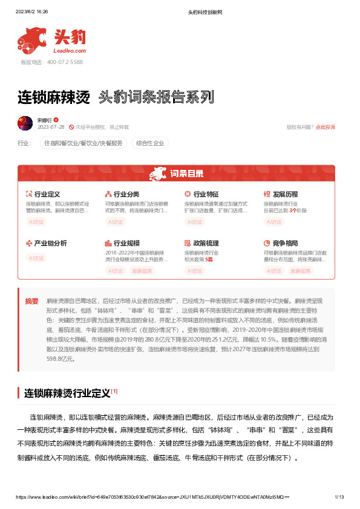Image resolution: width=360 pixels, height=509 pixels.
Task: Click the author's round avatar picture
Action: pyautogui.click(x=25, y=123)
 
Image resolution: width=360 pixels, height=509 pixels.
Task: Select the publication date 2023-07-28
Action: pyautogui.click(x=51, y=128)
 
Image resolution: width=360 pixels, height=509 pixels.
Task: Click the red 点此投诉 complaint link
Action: pyautogui.click(x=325, y=128)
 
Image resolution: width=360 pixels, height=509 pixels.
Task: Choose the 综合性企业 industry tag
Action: pyautogui.click(x=150, y=143)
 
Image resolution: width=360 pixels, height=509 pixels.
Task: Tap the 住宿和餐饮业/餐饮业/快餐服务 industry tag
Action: pyautogui.click(x=83, y=143)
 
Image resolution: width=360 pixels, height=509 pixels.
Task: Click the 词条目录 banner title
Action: pyautogui.click(x=186, y=174)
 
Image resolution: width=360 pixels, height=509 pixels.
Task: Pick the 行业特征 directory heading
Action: pyautogui.click(x=206, y=195)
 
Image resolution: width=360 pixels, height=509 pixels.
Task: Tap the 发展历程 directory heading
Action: pyautogui.click(x=285, y=195)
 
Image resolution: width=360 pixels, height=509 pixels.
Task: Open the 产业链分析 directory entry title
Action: pyautogui.click(x=50, y=243)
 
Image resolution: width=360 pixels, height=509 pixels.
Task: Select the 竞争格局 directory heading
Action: pyautogui.click(x=285, y=243)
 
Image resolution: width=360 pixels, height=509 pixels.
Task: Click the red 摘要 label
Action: pyautogui.click(x=31, y=300)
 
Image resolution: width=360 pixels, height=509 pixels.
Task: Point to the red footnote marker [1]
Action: pyautogui.click(x=114, y=391)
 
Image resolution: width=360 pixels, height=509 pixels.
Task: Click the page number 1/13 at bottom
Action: pyautogui.click(x=339, y=497)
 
